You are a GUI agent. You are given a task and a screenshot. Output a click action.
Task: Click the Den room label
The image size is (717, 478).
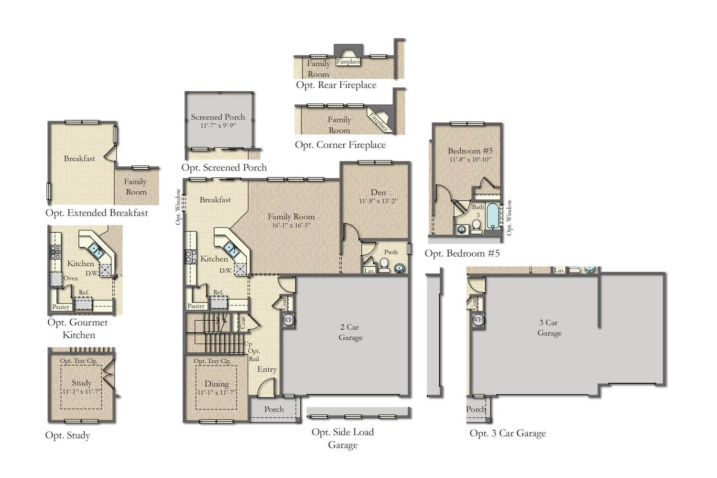(x=378, y=192)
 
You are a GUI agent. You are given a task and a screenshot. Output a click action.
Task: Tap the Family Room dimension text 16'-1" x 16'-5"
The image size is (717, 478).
(x=291, y=225)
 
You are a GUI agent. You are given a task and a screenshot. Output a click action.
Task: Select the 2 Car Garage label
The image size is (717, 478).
(x=350, y=332)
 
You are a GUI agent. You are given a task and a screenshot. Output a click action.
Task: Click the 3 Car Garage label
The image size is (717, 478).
(x=549, y=327)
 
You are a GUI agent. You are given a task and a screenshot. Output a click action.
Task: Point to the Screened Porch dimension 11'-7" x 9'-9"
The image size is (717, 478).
(x=218, y=125)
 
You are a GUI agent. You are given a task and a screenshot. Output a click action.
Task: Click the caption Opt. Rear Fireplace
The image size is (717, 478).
(x=336, y=85)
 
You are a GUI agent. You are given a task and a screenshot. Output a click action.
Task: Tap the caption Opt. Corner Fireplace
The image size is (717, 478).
(x=340, y=145)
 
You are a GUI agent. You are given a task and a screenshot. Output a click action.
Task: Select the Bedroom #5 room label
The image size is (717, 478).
(x=470, y=151)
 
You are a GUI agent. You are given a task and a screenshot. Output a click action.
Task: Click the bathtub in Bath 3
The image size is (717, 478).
(x=493, y=216)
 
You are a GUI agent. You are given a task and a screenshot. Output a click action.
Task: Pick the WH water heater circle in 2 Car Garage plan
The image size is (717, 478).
(x=288, y=320)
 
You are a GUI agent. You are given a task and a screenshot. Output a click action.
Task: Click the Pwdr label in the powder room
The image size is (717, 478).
(x=391, y=252)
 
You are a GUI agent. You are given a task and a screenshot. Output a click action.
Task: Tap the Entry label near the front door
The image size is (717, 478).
(x=267, y=369)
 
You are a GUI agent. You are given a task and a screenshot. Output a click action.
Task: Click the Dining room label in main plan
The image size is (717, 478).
(x=217, y=383)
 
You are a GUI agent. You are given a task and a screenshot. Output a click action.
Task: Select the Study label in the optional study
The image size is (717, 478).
(x=82, y=382)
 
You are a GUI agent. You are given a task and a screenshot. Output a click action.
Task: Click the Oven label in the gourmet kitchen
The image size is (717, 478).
(x=71, y=278)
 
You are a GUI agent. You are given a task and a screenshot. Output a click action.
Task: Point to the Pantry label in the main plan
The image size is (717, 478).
(x=196, y=306)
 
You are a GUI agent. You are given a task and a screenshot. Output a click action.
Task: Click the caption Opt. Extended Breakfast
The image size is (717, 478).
(x=97, y=213)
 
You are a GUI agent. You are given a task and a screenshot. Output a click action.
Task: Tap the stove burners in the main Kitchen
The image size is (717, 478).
(x=191, y=257)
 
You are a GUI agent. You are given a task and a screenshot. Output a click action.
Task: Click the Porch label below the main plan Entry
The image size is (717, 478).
(x=274, y=409)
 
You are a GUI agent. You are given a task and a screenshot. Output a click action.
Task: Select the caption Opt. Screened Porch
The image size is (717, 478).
(x=224, y=167)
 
